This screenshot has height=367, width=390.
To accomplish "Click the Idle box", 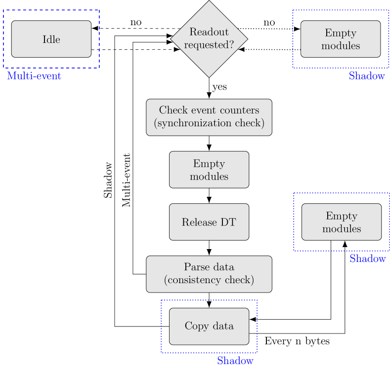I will pos(51,39).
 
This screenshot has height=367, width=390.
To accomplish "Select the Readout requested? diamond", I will pos(209,38).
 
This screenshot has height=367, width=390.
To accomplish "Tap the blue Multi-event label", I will pos(34,76).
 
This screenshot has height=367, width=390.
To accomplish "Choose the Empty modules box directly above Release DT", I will pos(209,170).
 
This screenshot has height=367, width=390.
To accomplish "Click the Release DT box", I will pos(209,222).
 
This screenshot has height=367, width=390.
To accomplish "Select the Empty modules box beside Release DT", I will pos(342,222).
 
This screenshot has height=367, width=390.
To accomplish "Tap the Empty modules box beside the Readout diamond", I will pos(341,39).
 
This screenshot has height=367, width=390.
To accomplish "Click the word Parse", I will pos(195,267).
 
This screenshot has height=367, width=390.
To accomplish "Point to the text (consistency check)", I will pos(209,280).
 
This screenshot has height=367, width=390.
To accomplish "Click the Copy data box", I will pos(209,326).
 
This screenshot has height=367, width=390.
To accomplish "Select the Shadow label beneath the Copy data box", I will pos(235,361).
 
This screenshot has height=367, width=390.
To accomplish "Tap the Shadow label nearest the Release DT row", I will pos(367,258).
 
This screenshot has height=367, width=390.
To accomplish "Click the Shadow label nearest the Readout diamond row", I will pos(367,76).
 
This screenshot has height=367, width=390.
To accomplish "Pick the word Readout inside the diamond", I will pos(209,32).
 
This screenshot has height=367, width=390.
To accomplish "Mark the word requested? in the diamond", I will pos(209,45).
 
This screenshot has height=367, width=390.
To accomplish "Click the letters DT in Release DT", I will pos(228,222).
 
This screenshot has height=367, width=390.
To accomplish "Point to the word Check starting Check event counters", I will pos(172,110).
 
